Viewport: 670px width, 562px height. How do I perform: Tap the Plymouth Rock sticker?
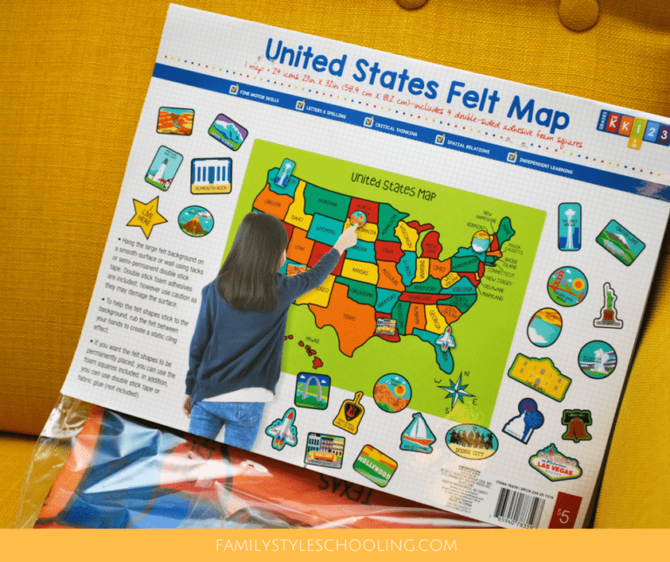click(x=210, y=175)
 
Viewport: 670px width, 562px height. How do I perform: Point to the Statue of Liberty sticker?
click(x=607, y=305)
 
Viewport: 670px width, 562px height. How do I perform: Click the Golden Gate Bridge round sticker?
click(x=567, y=285)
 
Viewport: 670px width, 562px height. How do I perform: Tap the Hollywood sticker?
click(x=374, y=459)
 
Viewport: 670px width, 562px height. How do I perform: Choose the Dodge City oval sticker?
click(x=471, y=441)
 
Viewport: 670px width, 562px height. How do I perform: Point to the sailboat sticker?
click(x=418, y=432)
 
